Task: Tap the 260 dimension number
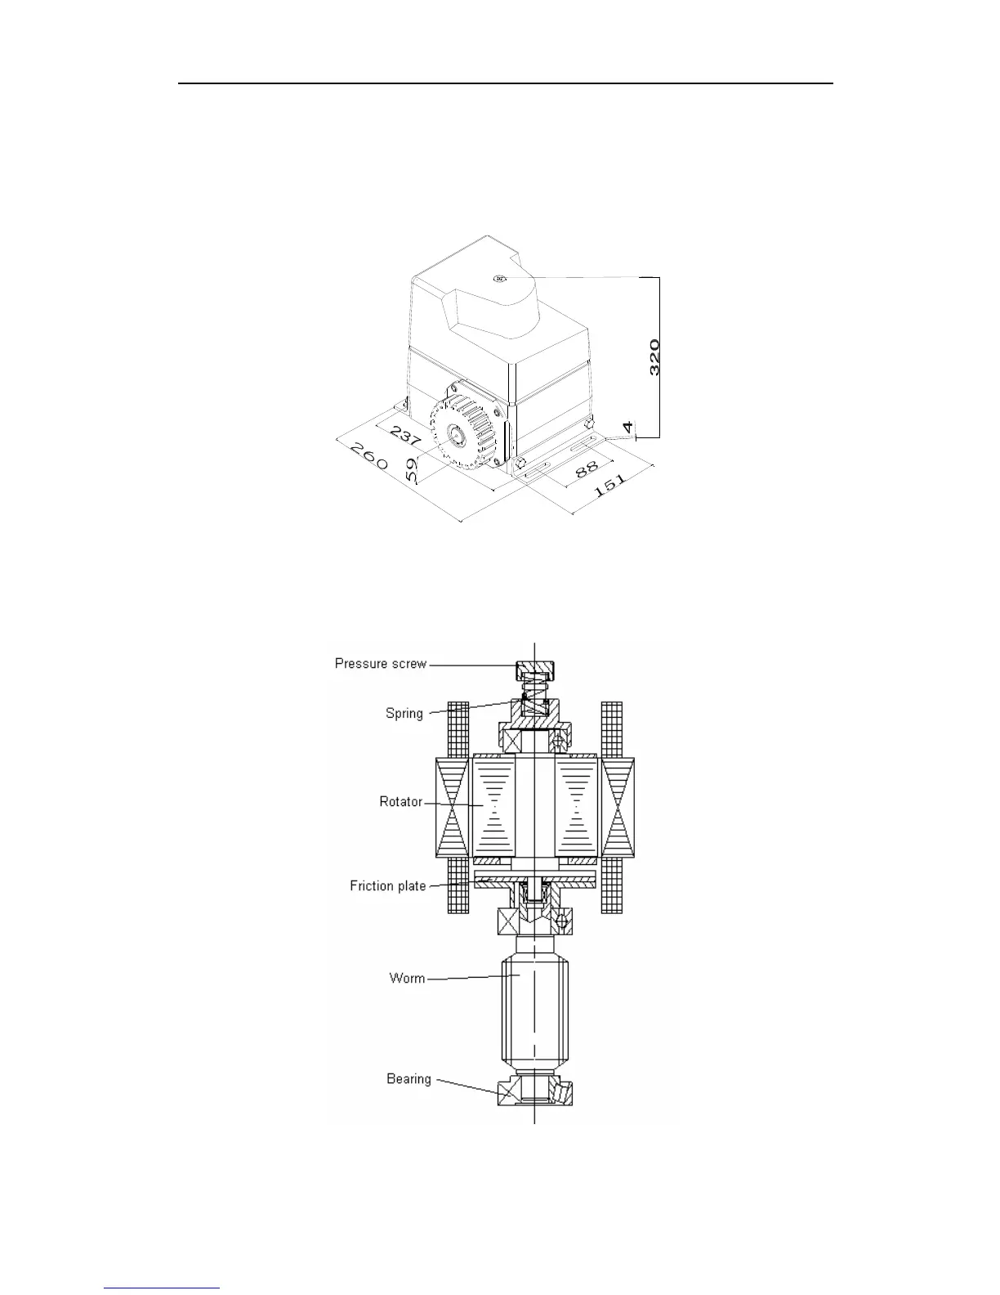[x=368, y=455]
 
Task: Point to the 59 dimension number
[x=413, y=468]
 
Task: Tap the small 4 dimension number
[x=627, y=427]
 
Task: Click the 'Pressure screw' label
[x=381, y=663]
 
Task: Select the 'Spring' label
[x=404, y=713]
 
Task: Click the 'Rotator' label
[x=401, y=801]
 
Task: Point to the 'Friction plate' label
[x=388, y=885]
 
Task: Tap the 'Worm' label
[x=407, y=978]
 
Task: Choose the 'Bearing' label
[x=408, y=1078]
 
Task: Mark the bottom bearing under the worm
[x=535, y=1092]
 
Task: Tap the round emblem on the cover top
[x=500, y=278]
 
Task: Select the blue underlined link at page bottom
[x=162, y=1289]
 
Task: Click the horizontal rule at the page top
[x=506, y=83]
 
